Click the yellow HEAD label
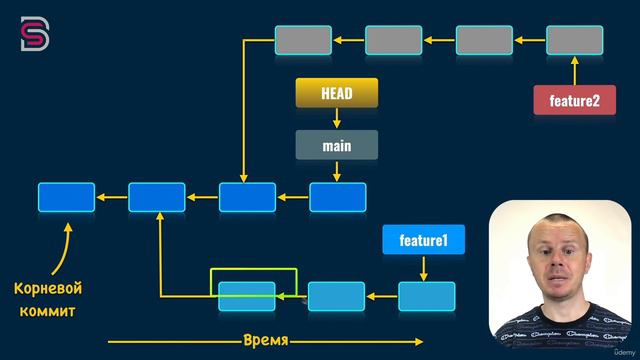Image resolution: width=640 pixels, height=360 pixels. tap(336, 93)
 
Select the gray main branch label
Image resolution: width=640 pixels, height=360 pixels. tap(336, 145)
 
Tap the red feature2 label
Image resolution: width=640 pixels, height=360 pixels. tap(574, 100)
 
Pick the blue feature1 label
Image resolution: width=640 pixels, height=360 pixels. tap(423, 240)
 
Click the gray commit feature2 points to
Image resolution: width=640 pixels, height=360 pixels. tap(574, 40)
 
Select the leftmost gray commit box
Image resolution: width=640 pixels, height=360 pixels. tap(303, 40)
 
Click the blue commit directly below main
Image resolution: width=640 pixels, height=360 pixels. tap(337, 197)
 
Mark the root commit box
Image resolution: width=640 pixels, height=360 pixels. tap(66, 197)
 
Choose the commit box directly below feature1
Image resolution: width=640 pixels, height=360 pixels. tap(426, 296)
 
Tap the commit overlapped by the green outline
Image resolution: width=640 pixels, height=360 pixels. tap(246, 296)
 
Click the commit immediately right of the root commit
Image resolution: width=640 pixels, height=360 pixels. tap(157, 197)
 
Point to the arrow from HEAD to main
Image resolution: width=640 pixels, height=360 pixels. tap(336, 119)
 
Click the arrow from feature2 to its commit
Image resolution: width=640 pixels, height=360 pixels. tap(574, 71)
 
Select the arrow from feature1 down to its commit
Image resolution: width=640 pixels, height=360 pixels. tap(424, 267)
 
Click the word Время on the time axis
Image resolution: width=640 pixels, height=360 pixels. tap(266, 340)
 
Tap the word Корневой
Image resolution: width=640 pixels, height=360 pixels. tap(47, 289)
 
